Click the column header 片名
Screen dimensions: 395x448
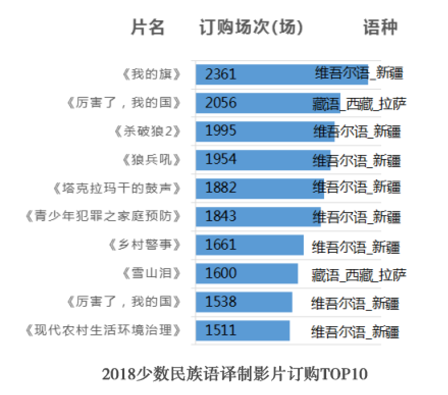pos(148,28)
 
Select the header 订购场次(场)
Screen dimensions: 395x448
pos(251,28)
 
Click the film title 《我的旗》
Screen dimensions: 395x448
pos(152,74)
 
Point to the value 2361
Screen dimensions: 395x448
pos(221,74)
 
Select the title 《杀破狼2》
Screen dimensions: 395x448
pos(148,131)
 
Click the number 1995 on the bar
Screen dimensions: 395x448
pos(221,131)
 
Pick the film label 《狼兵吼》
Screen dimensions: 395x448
pos(152,160)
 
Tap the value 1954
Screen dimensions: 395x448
pos(221,160)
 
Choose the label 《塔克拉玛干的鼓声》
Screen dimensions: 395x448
pos(117,189)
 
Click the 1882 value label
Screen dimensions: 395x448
pos(221,188)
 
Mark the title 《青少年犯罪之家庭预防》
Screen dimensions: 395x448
pos(103,217)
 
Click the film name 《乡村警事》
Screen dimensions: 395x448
pos(145,245)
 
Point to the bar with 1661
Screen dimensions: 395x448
pos(249,245)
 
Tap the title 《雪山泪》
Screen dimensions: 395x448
pos(152,274)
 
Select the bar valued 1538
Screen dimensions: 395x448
pos(244,302)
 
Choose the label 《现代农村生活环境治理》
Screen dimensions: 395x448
pos(103,330)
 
